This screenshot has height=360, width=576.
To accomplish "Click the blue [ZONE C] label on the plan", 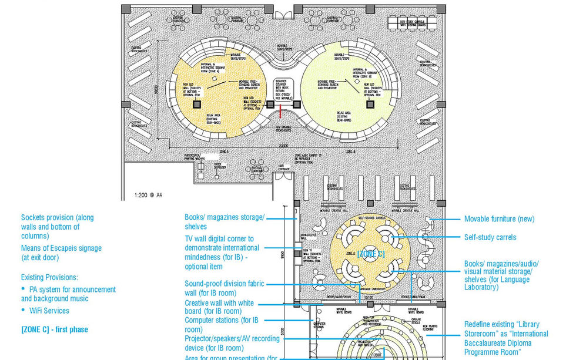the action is (371, 254).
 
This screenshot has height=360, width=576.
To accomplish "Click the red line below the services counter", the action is (284, 110).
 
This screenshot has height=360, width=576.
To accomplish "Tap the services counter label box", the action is (284, 89).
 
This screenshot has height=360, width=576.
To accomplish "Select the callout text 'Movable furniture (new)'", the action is (499, 219).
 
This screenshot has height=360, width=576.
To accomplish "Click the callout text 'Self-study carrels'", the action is (490, 237).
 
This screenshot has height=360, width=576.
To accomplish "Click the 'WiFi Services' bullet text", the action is (49, 311).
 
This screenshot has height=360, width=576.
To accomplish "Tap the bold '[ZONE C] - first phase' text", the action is (54, 329).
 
